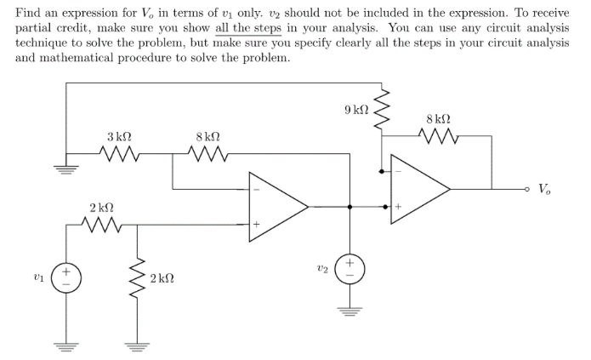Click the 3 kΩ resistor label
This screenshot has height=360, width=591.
(x=119, y=136)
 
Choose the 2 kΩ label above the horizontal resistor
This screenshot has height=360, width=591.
(x=102, y=208)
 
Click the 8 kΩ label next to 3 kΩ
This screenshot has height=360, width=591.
(x=208, y=136)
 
